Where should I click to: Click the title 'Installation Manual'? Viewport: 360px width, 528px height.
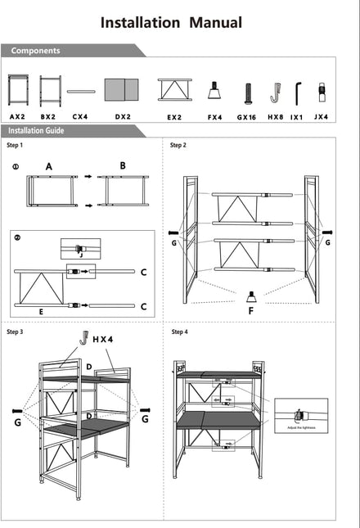tap(171, 22)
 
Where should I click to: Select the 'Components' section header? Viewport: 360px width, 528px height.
tap(35, 51)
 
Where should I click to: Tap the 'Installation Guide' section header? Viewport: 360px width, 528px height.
tap(41, 130)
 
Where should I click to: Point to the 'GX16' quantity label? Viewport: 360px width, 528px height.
tap(246, 117)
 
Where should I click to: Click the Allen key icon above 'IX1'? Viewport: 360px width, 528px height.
tap(298, 90)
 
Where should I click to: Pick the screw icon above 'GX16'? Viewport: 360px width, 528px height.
tap(246, 91)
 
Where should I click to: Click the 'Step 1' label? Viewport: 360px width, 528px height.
tap(15, 146)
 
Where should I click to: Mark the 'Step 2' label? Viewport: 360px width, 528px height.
tap(178, 146)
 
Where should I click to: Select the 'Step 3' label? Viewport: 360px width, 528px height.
tap(15, 332)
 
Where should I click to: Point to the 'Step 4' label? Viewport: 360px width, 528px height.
tap(179, 332)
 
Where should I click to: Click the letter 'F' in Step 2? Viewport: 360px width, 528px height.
tap(250, 311)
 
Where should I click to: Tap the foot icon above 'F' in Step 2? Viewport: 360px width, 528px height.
tap(250, 295)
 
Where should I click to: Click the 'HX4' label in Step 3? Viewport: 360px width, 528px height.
tap(104, 338)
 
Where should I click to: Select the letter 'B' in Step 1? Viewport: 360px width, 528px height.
tap(123, 165)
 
